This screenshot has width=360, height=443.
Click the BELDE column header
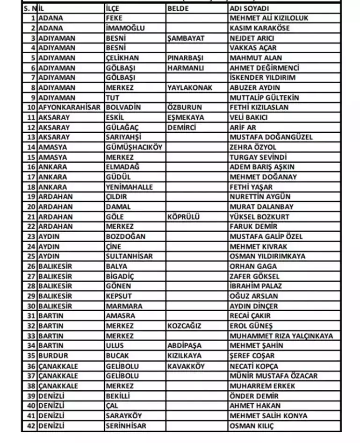(x=178, y=8)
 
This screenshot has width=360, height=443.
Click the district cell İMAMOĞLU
(x=125, y=28)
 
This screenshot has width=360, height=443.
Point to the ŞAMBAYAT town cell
(x=186, y=38)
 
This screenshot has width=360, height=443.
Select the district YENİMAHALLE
(x=130, y=187)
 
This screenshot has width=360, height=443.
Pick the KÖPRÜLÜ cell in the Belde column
(x=184, y=217)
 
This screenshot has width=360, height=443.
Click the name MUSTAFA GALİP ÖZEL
(x=266, y=236)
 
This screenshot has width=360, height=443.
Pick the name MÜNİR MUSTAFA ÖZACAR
(x=274, y=376)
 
